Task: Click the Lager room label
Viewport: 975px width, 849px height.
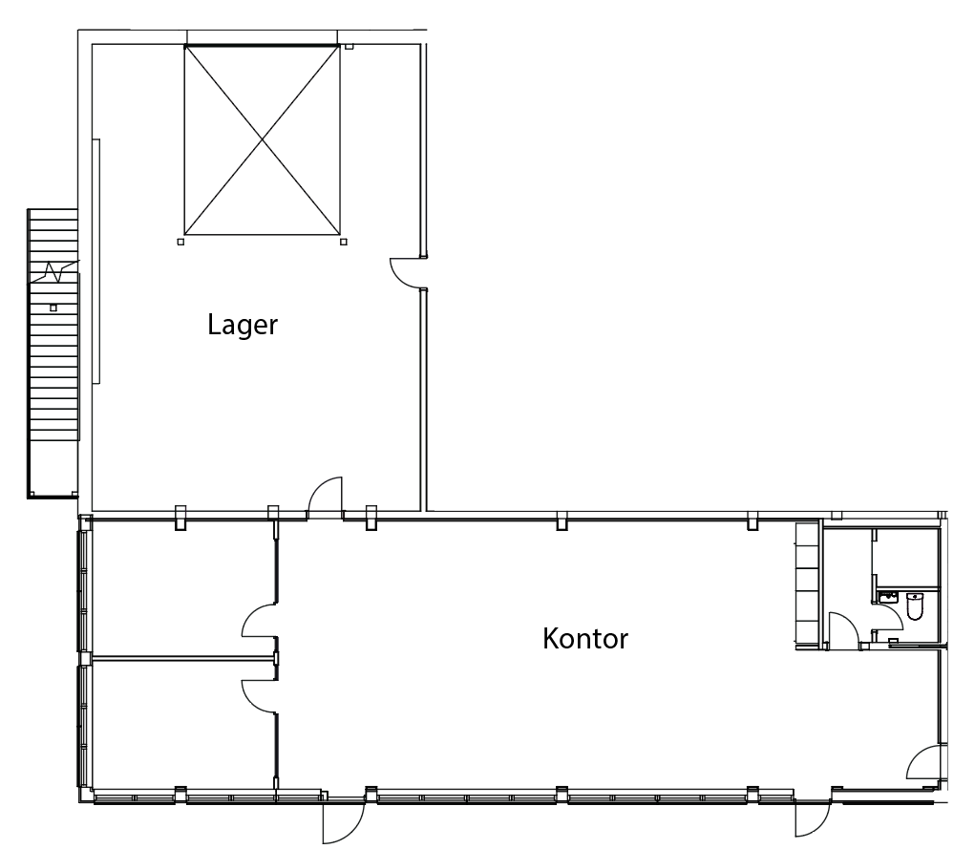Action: click(x=243, y=326)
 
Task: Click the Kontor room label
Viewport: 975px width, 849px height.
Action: click(x=585, y=639)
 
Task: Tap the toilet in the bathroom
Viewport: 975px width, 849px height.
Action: click(x=915, y=606)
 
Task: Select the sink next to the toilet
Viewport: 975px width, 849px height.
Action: click(x=889, y=597)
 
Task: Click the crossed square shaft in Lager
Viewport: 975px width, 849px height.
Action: click(x=262, y=140)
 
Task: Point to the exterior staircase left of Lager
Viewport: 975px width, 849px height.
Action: click(x=53, y=353)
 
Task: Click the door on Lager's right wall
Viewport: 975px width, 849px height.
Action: click(x=409, y=273)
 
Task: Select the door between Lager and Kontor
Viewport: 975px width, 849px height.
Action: click(x=326, y=498)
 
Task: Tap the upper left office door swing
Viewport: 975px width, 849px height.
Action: click(x=259, y=621)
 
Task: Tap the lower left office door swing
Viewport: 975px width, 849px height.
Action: click(x=259, y=696)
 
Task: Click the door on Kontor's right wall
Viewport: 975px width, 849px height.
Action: click(x=926, y=762)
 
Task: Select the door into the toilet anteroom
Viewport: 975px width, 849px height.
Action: click(x=844, y=630)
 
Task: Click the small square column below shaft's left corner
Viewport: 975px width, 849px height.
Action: click(x=180, y=242)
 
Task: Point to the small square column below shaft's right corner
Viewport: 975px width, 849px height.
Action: click(x=344, y=242)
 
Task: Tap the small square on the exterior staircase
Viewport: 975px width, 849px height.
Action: click(x=53, y=308)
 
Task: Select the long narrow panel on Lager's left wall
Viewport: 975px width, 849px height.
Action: click(x=96, y=262)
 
